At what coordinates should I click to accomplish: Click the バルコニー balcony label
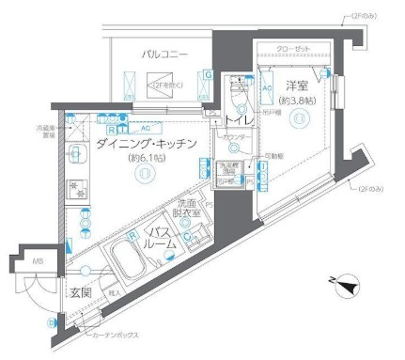pos(167,55)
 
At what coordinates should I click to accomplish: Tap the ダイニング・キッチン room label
pos(146,144)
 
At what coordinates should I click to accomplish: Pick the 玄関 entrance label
pos(79,293)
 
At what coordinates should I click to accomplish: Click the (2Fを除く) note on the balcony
pos(173,85)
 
